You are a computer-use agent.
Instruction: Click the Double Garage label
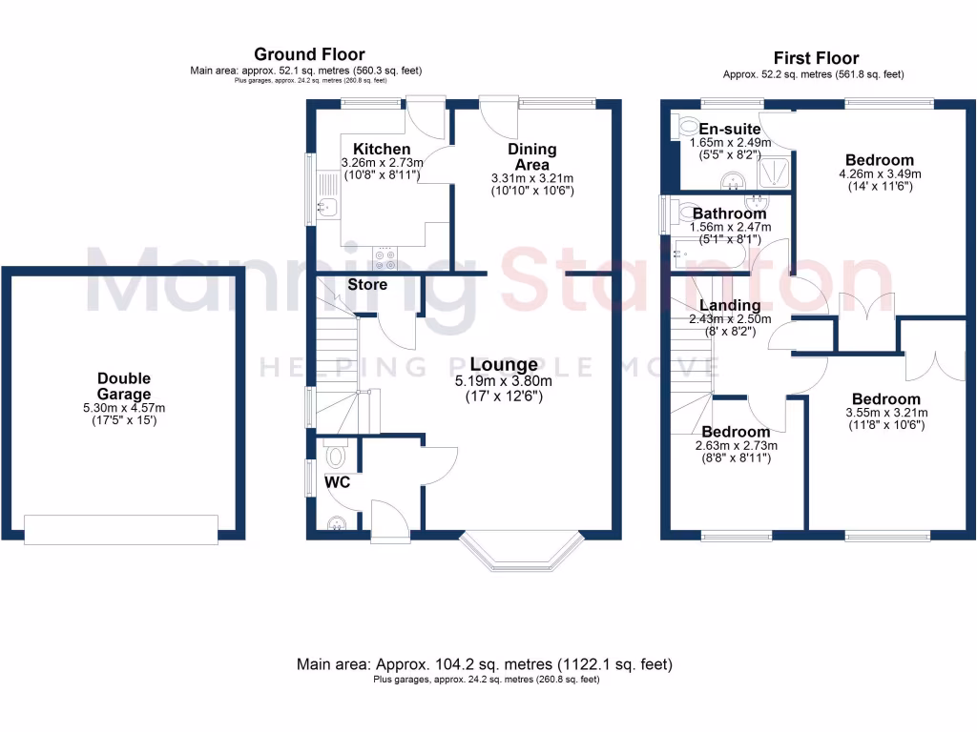tap(123, 386)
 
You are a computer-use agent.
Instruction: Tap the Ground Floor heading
tap(308, 54)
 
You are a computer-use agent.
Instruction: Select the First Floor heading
tap(816, 58)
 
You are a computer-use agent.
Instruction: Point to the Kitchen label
tap(382, 150)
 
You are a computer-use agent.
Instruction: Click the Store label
tap(367, 285)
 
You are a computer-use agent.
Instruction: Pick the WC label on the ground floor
tap(338, 482)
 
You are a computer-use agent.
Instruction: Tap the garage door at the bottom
tap(120, 530)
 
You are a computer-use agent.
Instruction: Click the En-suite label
tap(730, 130)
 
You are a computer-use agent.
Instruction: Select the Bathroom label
tap(729, 213)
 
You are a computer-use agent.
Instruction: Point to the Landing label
tap(730, 306)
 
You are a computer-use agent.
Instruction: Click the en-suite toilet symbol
tap(688, 127)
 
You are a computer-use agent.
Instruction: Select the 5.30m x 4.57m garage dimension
tap(123, 408)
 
